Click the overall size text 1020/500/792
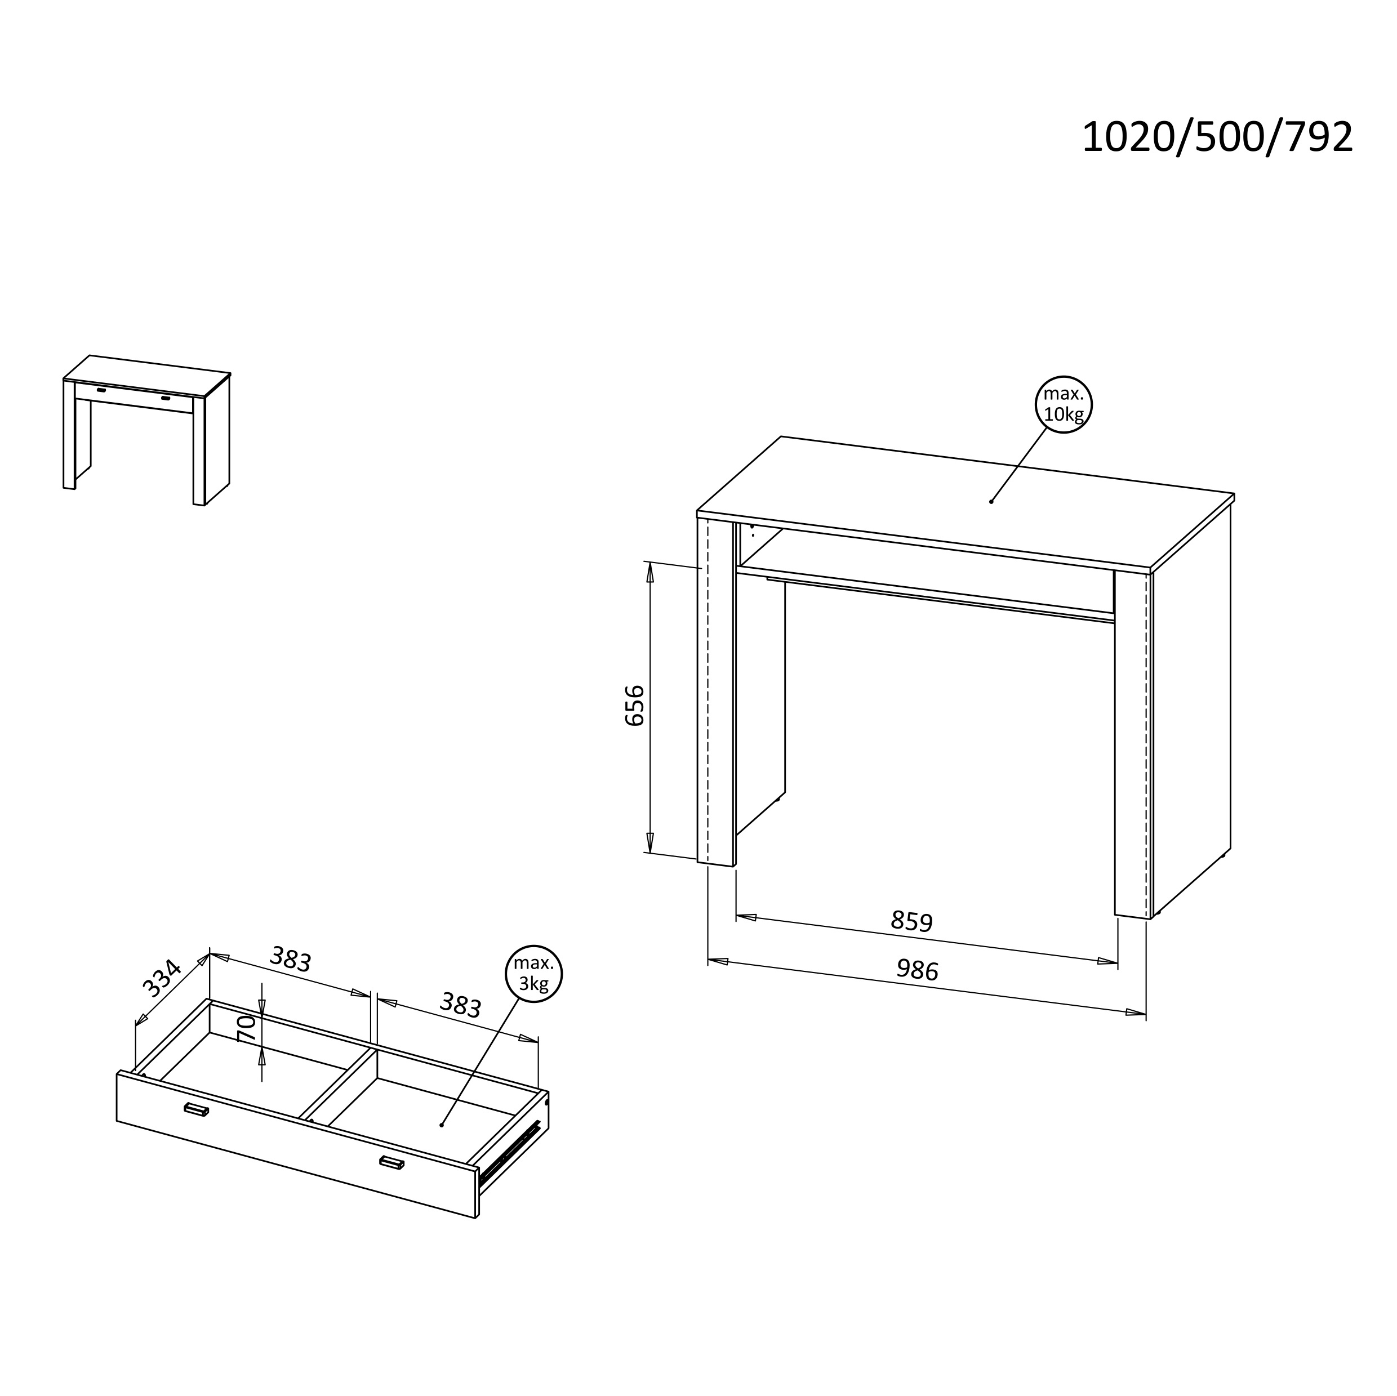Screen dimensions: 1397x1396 (1217, 137)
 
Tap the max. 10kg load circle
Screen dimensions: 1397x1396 (1063, 404)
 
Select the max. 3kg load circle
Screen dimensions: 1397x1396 (533, 974)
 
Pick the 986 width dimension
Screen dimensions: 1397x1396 (918, 970)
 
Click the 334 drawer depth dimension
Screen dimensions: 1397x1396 (161, 978)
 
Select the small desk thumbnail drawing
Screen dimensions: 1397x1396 (147, 430)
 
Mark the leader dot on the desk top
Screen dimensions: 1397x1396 (991, 502)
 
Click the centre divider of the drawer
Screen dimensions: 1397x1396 (339, 1085)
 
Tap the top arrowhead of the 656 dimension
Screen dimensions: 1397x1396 (650, 573)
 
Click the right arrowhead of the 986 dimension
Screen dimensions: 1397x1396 (1135, 1012)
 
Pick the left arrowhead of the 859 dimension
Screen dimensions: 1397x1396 (746, 917)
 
